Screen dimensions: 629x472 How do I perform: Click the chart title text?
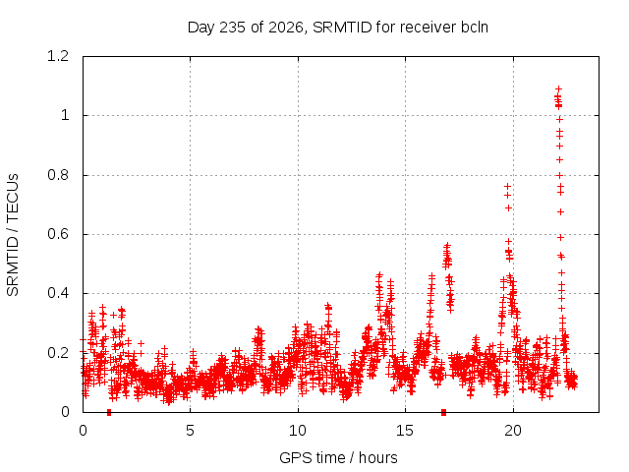click(x=338, y=28)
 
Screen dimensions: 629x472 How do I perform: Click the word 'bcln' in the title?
click(x=475, y=28)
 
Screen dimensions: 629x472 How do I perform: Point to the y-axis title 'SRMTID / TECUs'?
click(x=13, y=235)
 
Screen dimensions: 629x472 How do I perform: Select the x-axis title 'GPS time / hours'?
click(x=338, y=457)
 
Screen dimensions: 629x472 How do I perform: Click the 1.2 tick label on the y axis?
click(x=58, y=56)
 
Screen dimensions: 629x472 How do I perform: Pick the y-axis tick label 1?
click(x=65, y=116)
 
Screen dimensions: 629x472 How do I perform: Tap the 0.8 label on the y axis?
click(x=58, y=175)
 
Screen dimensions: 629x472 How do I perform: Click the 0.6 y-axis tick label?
click(x=58, y=234)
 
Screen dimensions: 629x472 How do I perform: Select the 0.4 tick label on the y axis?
click(x=58, y=293)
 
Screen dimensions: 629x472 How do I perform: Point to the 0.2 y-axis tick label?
click(x=58, y=353)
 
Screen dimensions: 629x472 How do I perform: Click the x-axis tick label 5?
click(x=190, y=431)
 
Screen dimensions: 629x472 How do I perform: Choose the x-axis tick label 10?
click(x=298, y=431)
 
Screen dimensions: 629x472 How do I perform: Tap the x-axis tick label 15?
click(x=405, y=431)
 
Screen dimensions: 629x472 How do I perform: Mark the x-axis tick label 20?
click(x=513, y=431)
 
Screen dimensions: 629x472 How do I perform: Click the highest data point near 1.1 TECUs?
click(x=558, y=88)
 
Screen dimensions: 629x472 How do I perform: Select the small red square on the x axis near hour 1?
click(x=109, y=412)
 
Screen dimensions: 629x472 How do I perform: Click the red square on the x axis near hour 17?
click(x=443, y=412)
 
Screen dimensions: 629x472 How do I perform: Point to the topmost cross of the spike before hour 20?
click(x=507, y=186)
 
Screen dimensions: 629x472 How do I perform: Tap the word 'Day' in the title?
click(x=201, y=28)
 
